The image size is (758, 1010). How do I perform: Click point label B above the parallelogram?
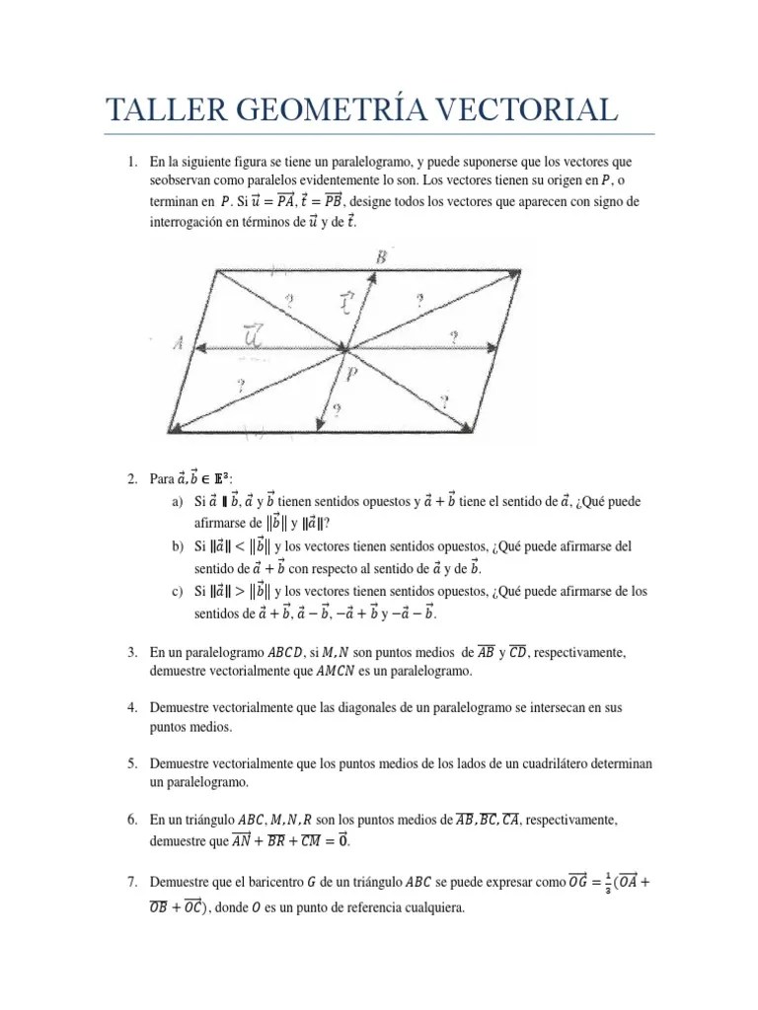381,256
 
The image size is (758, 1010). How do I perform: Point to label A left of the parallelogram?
178,343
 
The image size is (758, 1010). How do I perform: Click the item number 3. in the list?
132,653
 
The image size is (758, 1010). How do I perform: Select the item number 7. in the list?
132,880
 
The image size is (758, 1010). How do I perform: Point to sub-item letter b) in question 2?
178,546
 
